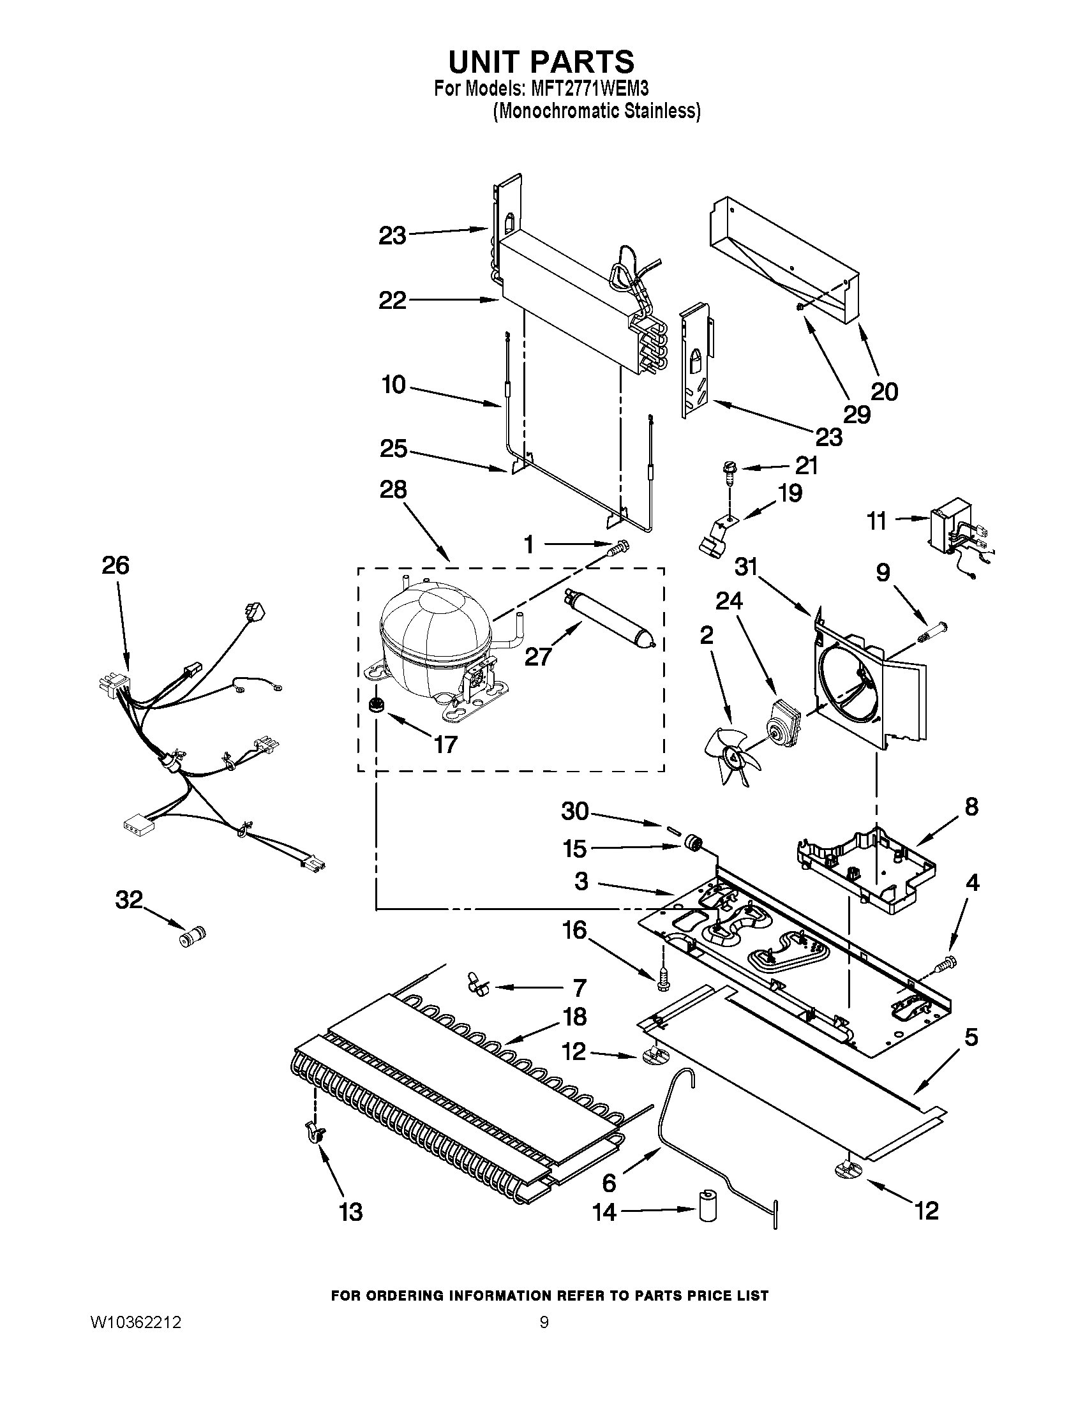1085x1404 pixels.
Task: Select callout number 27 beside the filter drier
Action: coord(538,655)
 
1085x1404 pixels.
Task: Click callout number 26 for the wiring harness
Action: coord(116,565)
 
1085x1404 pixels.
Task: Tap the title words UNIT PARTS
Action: coord(541,62)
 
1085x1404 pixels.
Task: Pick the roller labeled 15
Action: coord(692,842)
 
